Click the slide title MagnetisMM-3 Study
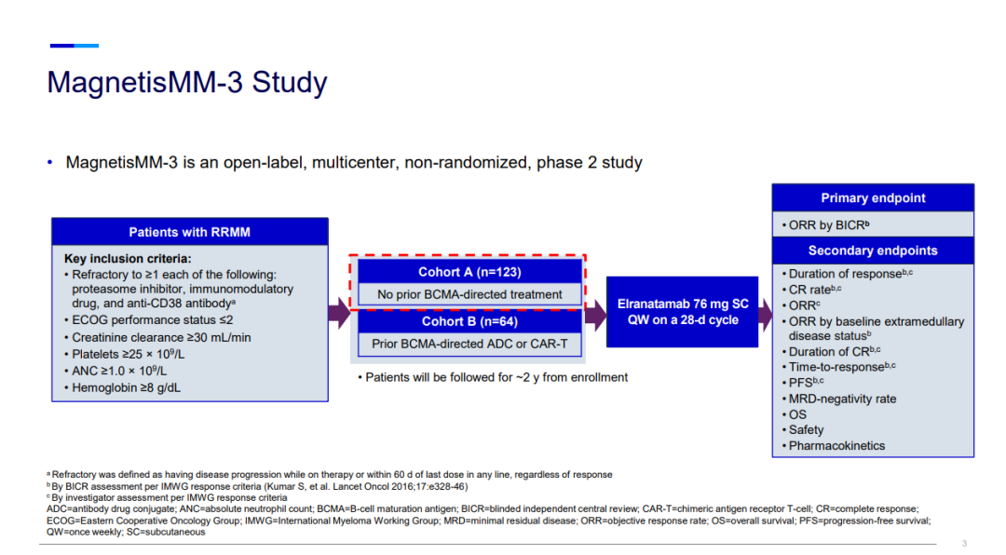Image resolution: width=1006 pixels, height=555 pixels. pyautogui.click(x=187, y=83)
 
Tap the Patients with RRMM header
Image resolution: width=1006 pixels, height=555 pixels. pyautogui.click(x=189, y=232)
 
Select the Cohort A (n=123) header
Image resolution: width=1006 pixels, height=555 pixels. pyautogui.click(x=469, y=272)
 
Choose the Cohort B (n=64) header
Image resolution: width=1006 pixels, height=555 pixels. pyautogui.click(x=469, y=321)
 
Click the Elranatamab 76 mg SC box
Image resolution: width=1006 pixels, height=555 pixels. pyautogui.click(x=683, y=312)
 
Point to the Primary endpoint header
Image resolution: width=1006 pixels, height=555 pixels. pyautogui.click(x=873, y=197)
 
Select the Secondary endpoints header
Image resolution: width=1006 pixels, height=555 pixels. pyautogui.click(x=873, y=250)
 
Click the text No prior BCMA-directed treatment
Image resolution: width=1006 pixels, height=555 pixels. pyautogui.click(x=469, y=294)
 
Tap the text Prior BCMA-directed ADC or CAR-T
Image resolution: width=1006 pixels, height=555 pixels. pyautogui.click(x=469, y=344)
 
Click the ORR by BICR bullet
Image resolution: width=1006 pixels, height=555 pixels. pyautogui.click(x=829, y=224)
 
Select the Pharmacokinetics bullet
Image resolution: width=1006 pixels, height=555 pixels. pyautogui.click(x=836, y=446)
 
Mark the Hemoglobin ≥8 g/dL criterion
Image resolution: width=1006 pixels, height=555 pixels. pyautogui.click(x=126, y=387)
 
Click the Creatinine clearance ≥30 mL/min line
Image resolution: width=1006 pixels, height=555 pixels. pyautogui.click(x=161, y=337)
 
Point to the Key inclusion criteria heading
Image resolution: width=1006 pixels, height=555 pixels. pyautogui.click(x=128, y=259)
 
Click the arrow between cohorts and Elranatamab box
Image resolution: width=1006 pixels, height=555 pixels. pyautogui.click(x=594, y=313)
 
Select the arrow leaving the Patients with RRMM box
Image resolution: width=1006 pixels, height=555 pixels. pyautogui.click(x=339, y=313)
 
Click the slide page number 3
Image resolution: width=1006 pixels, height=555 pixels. pyautogui.click(x=964, y=543)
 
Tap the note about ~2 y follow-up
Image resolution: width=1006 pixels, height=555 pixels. pyautogui.click(x=493, y=377)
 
